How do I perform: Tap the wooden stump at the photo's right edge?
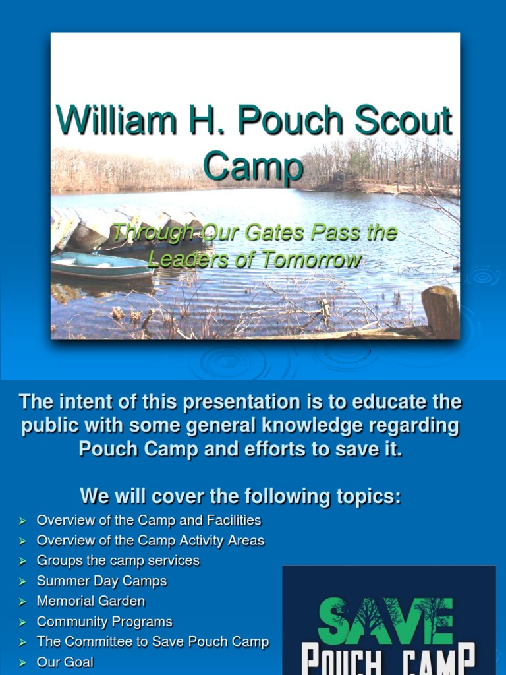(440, 311)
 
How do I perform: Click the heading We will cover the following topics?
(240, 496)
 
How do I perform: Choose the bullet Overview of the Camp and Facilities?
(149, 521)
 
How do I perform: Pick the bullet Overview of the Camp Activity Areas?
(150, 541)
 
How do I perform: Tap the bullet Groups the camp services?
(118, 561)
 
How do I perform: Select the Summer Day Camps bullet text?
(101, 581)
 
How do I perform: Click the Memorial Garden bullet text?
(91, 601)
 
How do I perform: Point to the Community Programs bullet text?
(104, 622)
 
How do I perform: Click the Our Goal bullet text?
(65, 662)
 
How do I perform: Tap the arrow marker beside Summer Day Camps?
(22, 581)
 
